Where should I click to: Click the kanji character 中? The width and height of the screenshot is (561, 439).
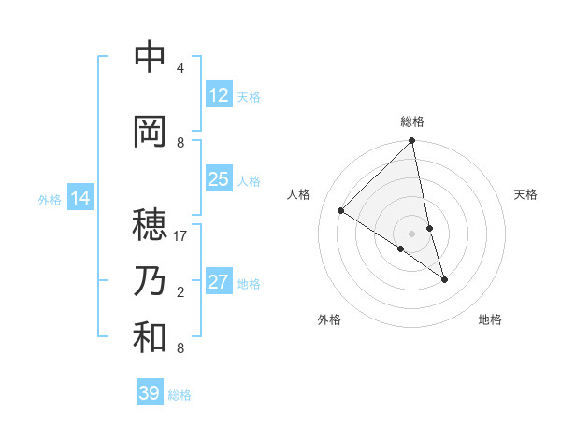[x=150, y=57]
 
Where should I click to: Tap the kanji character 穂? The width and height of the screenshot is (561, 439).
[x=150, y=224]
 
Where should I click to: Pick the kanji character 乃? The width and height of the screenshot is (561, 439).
[x=150, y=281]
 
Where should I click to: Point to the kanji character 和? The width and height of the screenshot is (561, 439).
[x=150, y=337]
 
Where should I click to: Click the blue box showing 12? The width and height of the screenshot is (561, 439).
[x=218, y=95]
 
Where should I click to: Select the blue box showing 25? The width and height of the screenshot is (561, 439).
[x=218, y=179]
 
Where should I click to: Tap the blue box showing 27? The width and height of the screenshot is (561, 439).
[x=218, y=282]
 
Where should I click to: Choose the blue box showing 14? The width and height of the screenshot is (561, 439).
[x=80, y=198]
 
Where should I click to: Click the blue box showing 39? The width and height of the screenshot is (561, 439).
[x=150, y=393]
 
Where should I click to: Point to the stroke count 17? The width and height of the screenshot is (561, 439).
[x=181, y=236]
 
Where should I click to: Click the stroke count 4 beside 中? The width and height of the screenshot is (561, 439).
[x=180, y=68]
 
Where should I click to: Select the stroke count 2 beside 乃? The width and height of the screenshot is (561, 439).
[x=180, y=292]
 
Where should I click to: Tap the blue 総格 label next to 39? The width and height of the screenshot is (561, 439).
[x=180, y=395]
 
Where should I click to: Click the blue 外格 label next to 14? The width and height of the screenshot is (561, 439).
[x=50, y=199]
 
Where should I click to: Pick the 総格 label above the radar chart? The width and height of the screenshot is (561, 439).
[x=411, y=121]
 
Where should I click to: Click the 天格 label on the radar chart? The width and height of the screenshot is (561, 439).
[x=525, y=194]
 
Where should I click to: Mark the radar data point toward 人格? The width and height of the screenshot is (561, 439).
[x=341, y=211]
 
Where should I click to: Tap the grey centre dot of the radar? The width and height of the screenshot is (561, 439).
[x=411, y=233]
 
